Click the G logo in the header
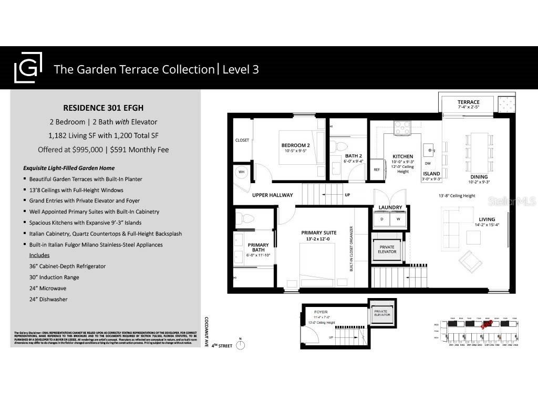28,69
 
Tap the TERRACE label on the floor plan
468,102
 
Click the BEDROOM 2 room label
295,145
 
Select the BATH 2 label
353,156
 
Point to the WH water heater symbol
242,172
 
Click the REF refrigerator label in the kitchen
377,169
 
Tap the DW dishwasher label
428,163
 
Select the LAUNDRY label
390,208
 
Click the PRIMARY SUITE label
318,233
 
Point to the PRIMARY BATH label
258,248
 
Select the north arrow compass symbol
241,345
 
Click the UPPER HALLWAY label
273,195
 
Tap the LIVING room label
487,219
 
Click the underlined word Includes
39,255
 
